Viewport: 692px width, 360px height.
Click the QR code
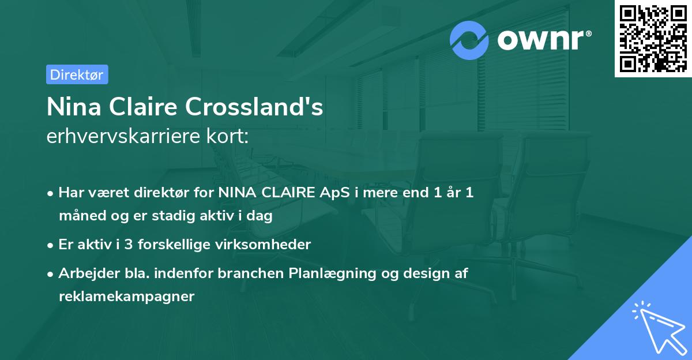click(x=653, y=39)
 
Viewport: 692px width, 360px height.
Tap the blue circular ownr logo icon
click(x=469, y=40)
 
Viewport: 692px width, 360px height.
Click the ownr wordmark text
click(x=543, y=40)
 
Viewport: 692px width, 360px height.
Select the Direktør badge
click(x=77, y=74)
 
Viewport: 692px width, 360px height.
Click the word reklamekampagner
click(x=126, y=297)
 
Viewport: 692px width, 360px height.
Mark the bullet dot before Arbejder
click(x=51, y=274)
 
